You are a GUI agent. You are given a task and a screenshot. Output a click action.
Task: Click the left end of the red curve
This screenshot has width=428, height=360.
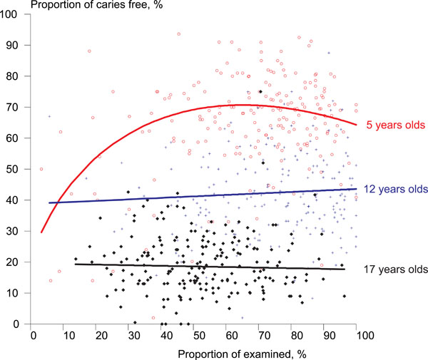(x=41, y=232)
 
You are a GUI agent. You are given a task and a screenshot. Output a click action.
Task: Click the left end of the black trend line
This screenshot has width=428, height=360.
(x=75, y=264)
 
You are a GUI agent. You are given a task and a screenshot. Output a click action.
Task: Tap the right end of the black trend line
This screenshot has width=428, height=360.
(x=345, y=269)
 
